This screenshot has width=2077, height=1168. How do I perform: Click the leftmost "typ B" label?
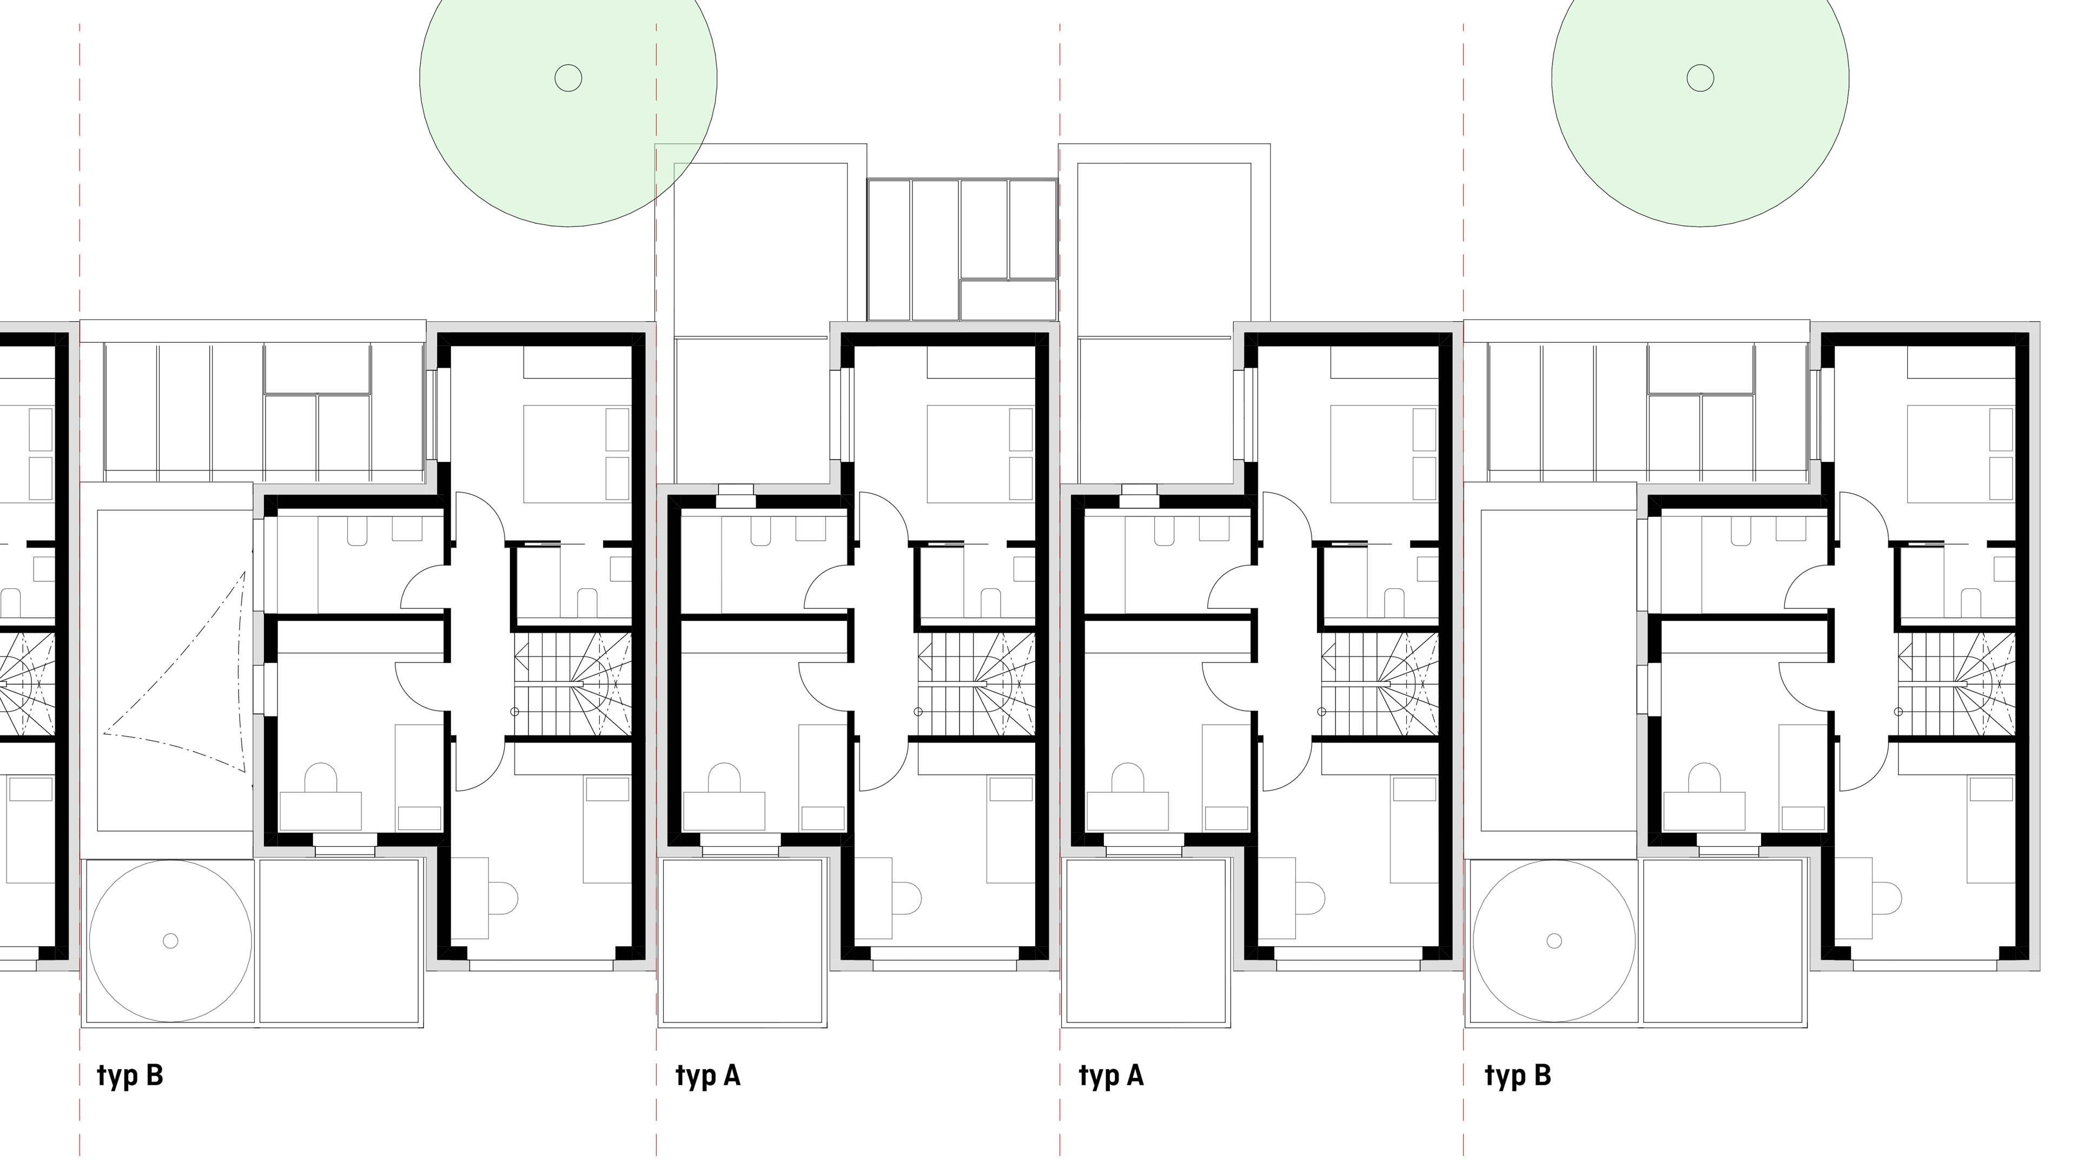click(x=130, y=1076)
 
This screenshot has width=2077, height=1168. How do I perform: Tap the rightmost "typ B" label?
click(x=1517, y=1076)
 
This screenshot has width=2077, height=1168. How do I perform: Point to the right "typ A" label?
click(x=1111, y=1076)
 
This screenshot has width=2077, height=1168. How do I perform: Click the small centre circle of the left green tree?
click(x=568, y=78)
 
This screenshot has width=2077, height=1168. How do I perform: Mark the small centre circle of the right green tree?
click(x=1701, y=78)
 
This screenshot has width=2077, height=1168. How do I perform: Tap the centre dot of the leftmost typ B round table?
click(x=170, y=941)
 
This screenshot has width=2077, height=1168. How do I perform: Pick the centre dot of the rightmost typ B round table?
click(x=1554, y=941)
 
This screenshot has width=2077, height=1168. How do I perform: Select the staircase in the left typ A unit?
click(x=976, y=685)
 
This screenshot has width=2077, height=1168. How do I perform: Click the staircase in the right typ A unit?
click(x=1380, y=685)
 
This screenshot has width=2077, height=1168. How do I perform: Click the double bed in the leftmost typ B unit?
click(x=577, y=454)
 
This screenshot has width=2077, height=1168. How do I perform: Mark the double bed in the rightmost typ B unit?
click(x=1961, y=454)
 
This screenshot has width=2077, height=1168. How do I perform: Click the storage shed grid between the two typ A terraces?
click(x=962, y=250)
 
